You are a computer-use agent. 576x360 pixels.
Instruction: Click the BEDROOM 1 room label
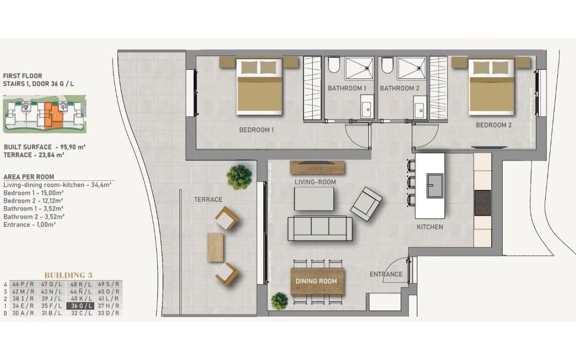[x=256, y=130]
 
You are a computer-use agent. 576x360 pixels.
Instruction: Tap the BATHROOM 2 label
[x=400, y=88]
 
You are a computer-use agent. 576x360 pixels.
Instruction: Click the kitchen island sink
[x=435, y=186]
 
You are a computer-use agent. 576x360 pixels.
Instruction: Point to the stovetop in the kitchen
[x=483, y=203]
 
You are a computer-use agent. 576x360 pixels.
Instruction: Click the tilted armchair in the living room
[x=366, y=204]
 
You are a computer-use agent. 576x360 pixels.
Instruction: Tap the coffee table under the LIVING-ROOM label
[x=314, y=199]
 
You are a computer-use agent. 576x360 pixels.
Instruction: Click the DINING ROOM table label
[x=316, y=281]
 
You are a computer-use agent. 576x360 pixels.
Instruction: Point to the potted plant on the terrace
[x=239, y=177]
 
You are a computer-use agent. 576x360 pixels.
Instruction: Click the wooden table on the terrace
[x=215, y=247]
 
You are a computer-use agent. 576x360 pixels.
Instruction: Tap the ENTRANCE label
[x=386, y=274]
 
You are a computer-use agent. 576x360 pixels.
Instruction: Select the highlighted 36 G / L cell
[x=80, y=306]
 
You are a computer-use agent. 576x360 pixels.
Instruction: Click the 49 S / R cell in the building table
[x=108, y=284]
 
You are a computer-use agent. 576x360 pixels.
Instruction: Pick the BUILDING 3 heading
[x=68, y=275]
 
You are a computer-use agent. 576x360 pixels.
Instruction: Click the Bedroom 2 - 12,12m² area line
[x=33, y=201]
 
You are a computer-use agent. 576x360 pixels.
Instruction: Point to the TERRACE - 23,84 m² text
[x=34, y=155]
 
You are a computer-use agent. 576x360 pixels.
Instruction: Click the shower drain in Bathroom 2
[x=419, y=68]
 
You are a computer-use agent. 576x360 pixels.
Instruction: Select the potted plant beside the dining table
[x=279, y=301]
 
